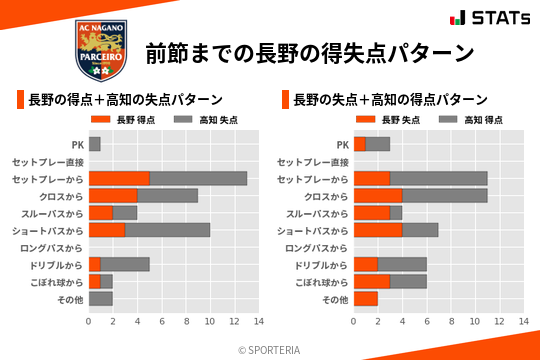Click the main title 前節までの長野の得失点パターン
point(309,52)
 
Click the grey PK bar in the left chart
point(95,144)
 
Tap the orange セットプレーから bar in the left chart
point(119,178)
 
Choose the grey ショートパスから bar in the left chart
point(167,230)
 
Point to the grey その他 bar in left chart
point(101,299)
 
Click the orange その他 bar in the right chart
point(366,299)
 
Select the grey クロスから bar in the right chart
point(444,196)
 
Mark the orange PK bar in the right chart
point(360,144)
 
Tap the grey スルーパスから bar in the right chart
point(396,213)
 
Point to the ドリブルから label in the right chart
point(321,265)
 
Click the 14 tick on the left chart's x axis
point(258,322)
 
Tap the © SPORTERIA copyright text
point(270,349)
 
